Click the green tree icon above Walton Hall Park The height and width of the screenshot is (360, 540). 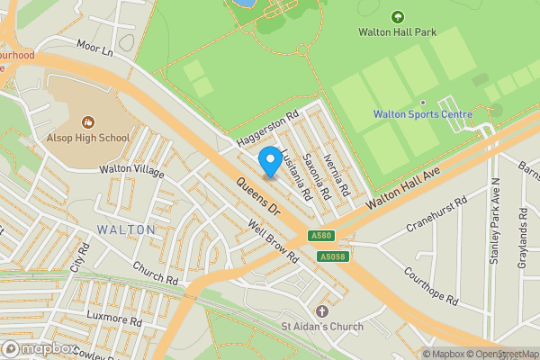[x=398, y=16]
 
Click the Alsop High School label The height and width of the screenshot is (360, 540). [x=88, y=138]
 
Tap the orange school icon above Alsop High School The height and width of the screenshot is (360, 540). [x=88, y=121]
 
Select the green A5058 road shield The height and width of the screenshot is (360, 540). [x=331, y=256]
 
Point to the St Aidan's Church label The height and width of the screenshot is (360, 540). [x=321, y=327]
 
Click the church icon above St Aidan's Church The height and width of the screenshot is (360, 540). [x=322, y=310]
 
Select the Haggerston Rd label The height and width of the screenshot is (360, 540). [x=266, y=131]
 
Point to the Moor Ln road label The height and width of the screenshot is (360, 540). [x=96, y=49]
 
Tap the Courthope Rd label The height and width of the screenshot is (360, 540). [x=431, y=285]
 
